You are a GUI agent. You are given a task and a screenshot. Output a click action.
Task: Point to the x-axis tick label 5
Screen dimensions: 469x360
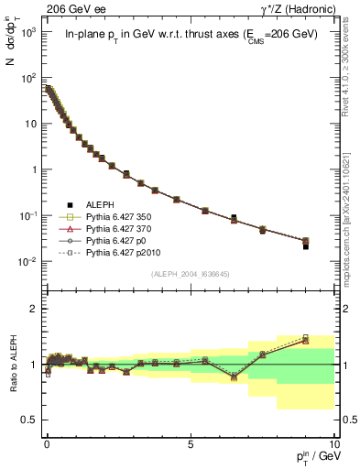click(x=191, y=442)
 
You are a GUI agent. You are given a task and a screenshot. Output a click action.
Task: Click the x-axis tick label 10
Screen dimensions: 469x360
click(x=333, y=442)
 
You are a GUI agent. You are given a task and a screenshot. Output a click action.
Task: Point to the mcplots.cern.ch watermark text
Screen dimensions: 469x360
click(x=353, y=229)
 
